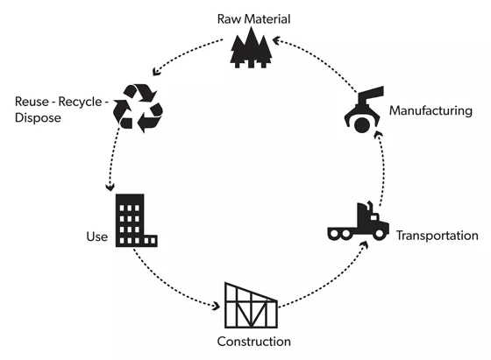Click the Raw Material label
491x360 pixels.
coord(253,19)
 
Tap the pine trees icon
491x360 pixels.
coord(251,48)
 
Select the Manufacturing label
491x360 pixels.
coord(431,110)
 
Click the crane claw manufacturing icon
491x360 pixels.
coord(364,109)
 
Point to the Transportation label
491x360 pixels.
coord(438,236)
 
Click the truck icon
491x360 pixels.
coord(359,222)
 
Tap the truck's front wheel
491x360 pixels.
coord(379,233)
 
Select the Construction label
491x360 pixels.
coord(254,342)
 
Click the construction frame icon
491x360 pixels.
coord(251,306)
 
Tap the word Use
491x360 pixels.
coord(97,236)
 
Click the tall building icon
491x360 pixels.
coord(136,221)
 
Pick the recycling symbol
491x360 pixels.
coord(138,108)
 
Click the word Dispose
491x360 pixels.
coord(38,118)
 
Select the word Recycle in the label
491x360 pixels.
coord(80,102)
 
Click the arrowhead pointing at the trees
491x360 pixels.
coord(276,40)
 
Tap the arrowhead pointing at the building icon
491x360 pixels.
coord(110,187)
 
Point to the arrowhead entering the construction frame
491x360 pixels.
coord(216,306)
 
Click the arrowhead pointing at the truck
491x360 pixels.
coord(364,244)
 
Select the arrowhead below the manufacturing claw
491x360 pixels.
coord(379,135)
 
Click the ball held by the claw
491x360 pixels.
coord(362,125)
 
